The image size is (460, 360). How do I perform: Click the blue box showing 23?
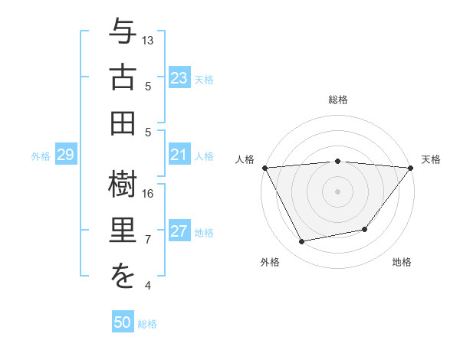click(x=179, y=77)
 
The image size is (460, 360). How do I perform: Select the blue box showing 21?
click(x=179, y=155)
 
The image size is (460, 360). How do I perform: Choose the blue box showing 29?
click(x=65, y=155)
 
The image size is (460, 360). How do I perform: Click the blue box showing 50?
click(x=123, y=322)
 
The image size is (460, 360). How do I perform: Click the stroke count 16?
click(x=148, y=193)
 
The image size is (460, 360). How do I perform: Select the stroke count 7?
click(x=148, y=240)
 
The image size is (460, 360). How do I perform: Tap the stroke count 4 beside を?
click(x=148, y=286)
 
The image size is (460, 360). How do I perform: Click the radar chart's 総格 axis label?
click(x=338, y=100)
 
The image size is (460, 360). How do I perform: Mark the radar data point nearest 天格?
click(x=411, y=168)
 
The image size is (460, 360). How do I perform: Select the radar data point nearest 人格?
click(x=265, y=168)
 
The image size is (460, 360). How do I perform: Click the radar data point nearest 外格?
click(x=302, y=242)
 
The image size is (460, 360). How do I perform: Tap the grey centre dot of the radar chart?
click(x=338, y=191)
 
